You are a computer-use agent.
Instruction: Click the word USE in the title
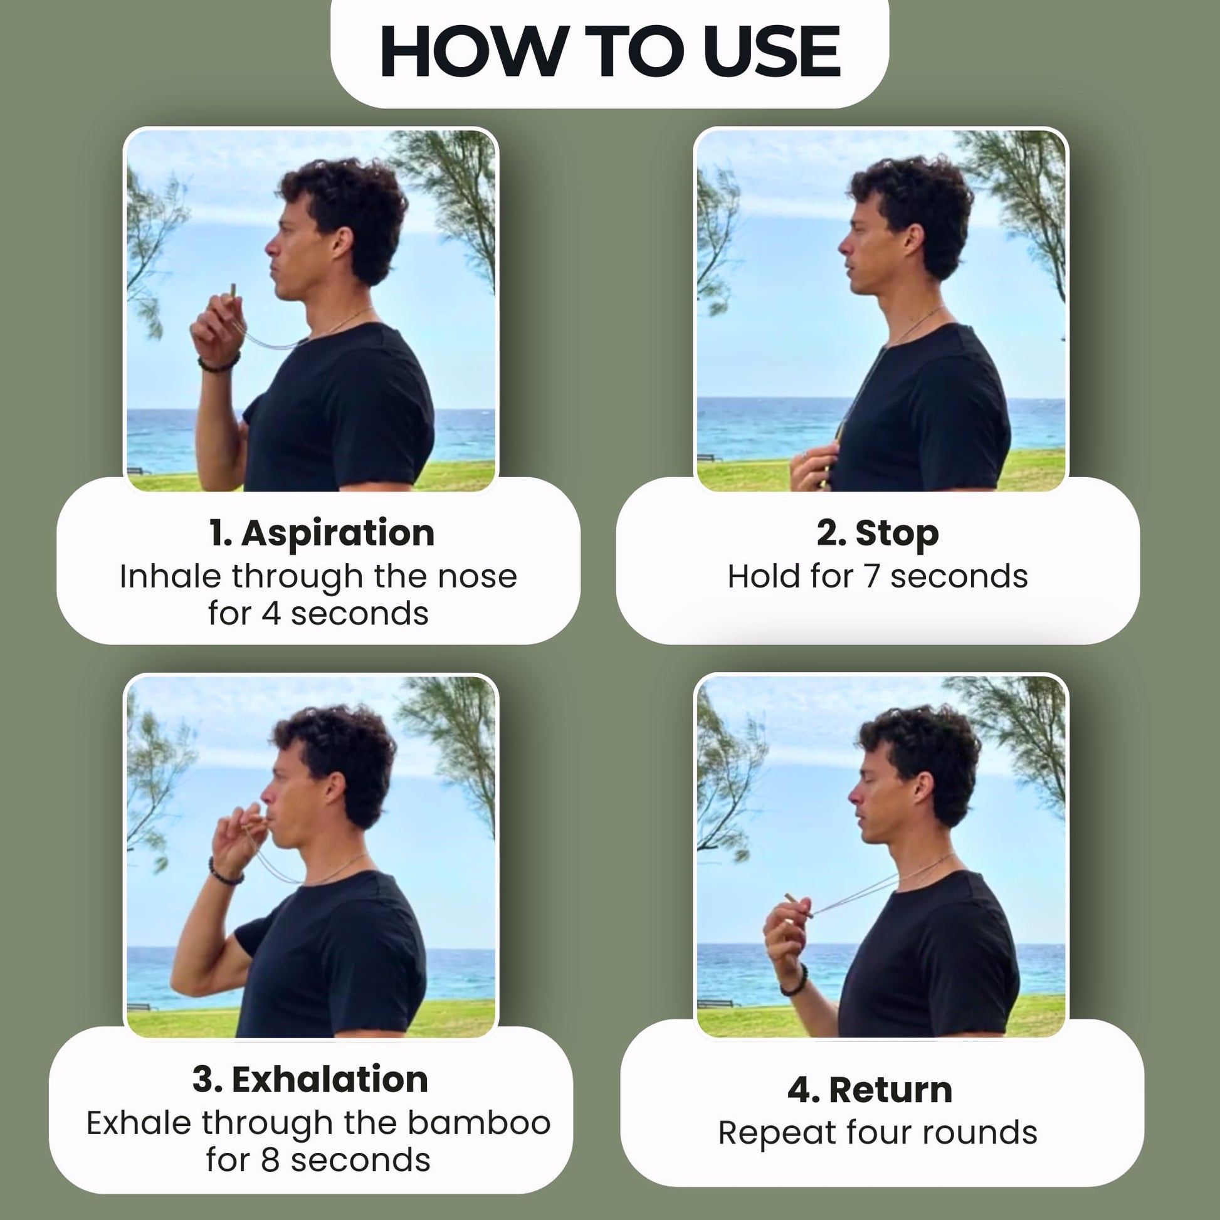[776, 51]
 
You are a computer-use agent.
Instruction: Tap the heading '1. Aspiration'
[322, 533]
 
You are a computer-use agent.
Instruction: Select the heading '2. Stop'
[878, 533]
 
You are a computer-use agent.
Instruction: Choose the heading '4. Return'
[870, 1090]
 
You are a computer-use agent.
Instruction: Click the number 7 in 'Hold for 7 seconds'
[872, 577]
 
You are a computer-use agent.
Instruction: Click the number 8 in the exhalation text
[270, 1160]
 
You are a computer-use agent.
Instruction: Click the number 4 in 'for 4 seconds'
[271, 614]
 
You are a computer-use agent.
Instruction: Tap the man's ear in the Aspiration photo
[342, 243]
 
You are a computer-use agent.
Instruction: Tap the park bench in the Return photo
[717, 1003]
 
